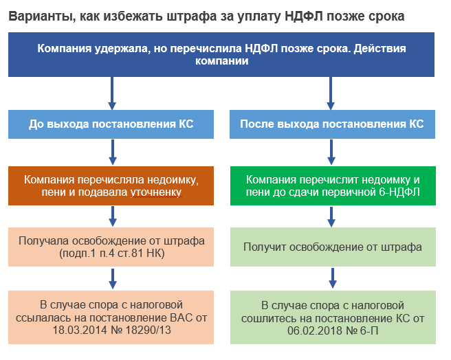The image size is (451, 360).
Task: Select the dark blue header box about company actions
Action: click(221, 55)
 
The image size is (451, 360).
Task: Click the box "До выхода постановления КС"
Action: click(111, 124)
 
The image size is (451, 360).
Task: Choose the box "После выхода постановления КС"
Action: click(332, 124)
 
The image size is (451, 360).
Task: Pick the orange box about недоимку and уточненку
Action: click(111, 185)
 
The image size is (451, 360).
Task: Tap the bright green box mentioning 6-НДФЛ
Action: click(333, 185)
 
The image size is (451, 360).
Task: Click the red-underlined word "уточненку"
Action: click(156, 192)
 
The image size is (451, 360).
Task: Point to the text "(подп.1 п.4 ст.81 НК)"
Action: click(111, 254)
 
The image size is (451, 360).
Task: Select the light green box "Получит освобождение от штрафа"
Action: click(333, 247)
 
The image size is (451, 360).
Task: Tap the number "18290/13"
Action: click(148, 330)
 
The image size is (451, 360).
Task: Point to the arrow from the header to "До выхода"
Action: click(112, 93)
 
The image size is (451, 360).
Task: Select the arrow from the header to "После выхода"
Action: click(331, 93)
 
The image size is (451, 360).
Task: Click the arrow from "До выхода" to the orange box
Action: click(113, 152)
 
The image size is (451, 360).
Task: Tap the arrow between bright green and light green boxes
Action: click(331, 217)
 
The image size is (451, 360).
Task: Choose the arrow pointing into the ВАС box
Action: click(113, 279)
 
